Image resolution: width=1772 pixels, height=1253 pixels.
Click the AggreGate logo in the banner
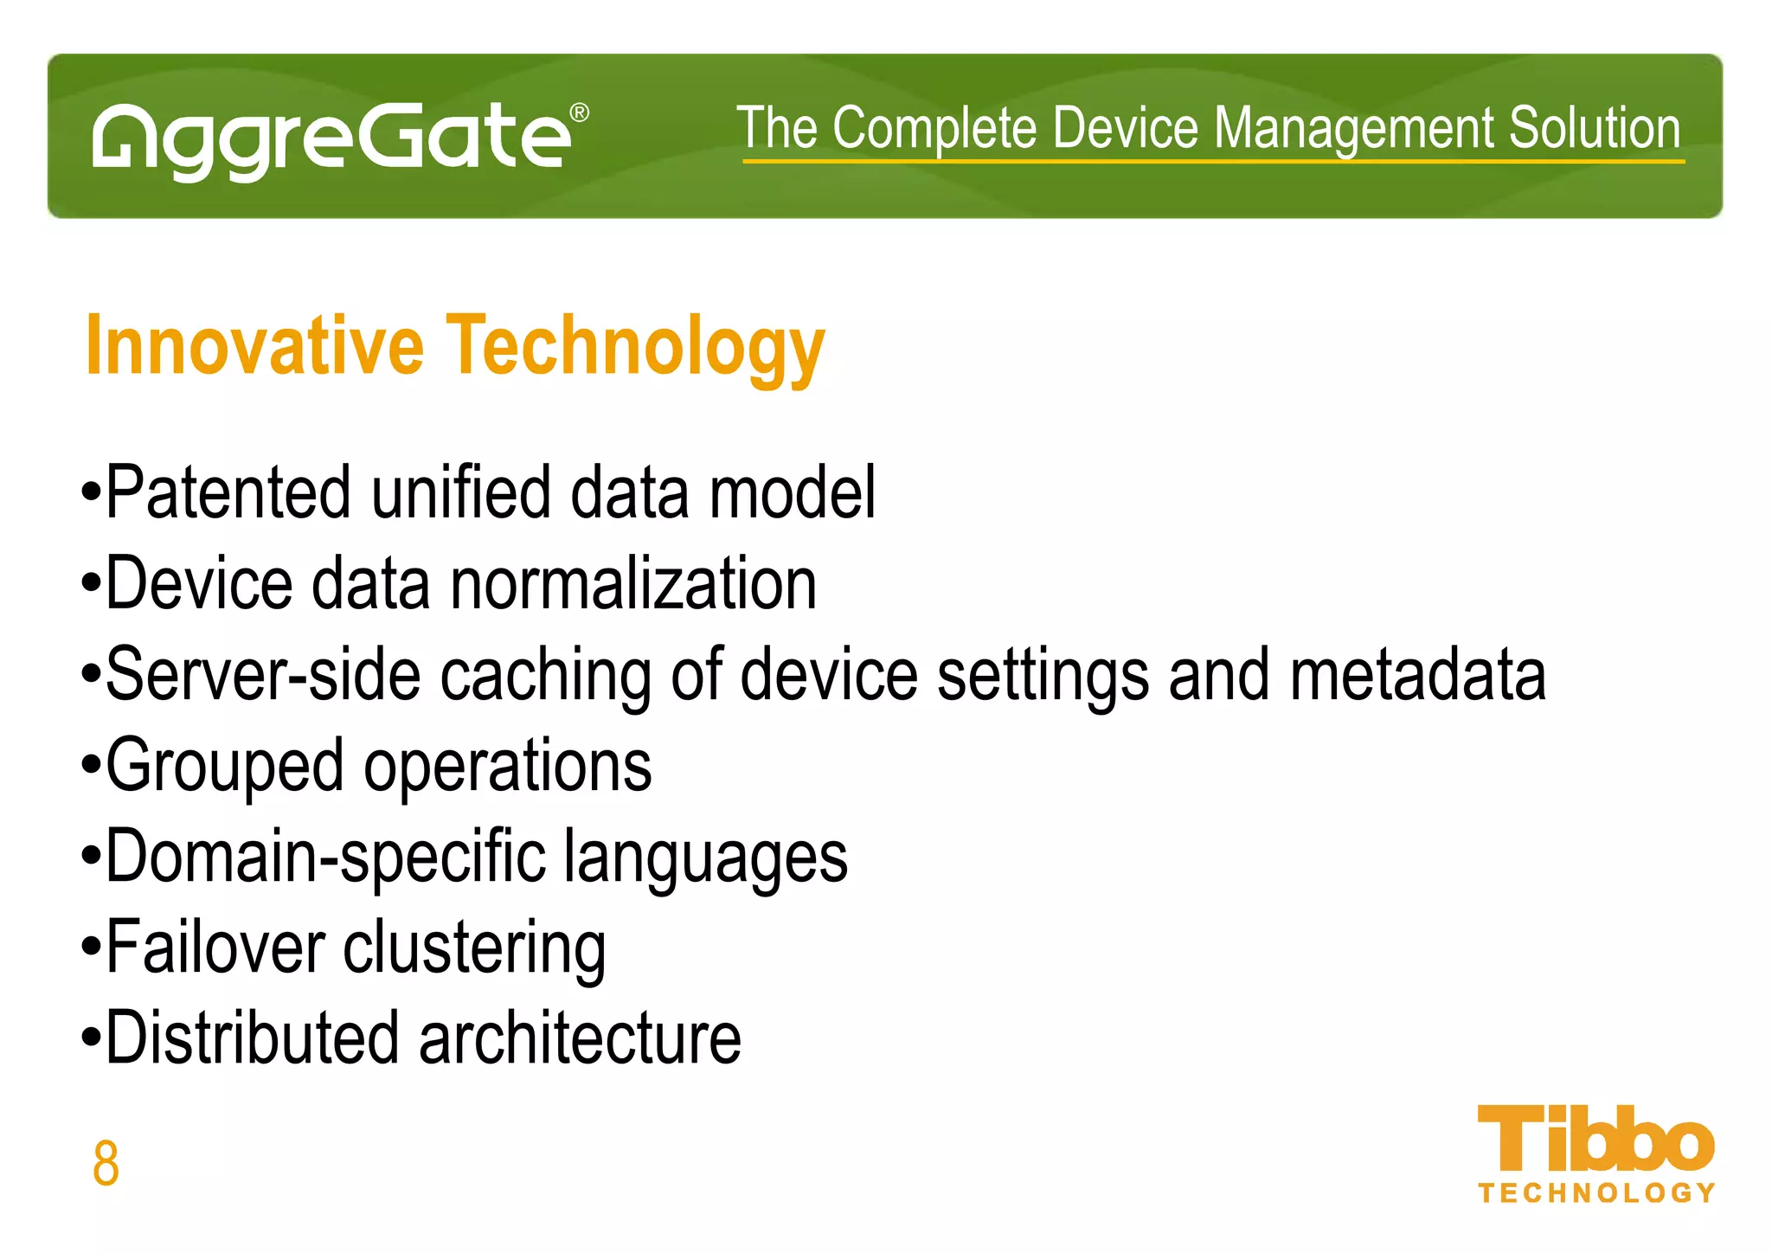tap(333, 138)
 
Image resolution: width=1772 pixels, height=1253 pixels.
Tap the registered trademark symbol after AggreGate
tap(580, 113)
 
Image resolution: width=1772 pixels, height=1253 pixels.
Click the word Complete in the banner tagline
tap(934, 130)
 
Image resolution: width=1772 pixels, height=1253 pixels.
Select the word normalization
tap(633, 584)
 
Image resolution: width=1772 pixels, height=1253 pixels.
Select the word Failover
tap(216, 948)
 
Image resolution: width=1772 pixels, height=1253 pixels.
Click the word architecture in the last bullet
tap(580, 1038)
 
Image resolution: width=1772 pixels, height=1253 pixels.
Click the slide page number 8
tap(106, 1163)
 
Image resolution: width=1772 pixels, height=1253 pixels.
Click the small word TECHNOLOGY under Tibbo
tap(1596, 1193)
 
